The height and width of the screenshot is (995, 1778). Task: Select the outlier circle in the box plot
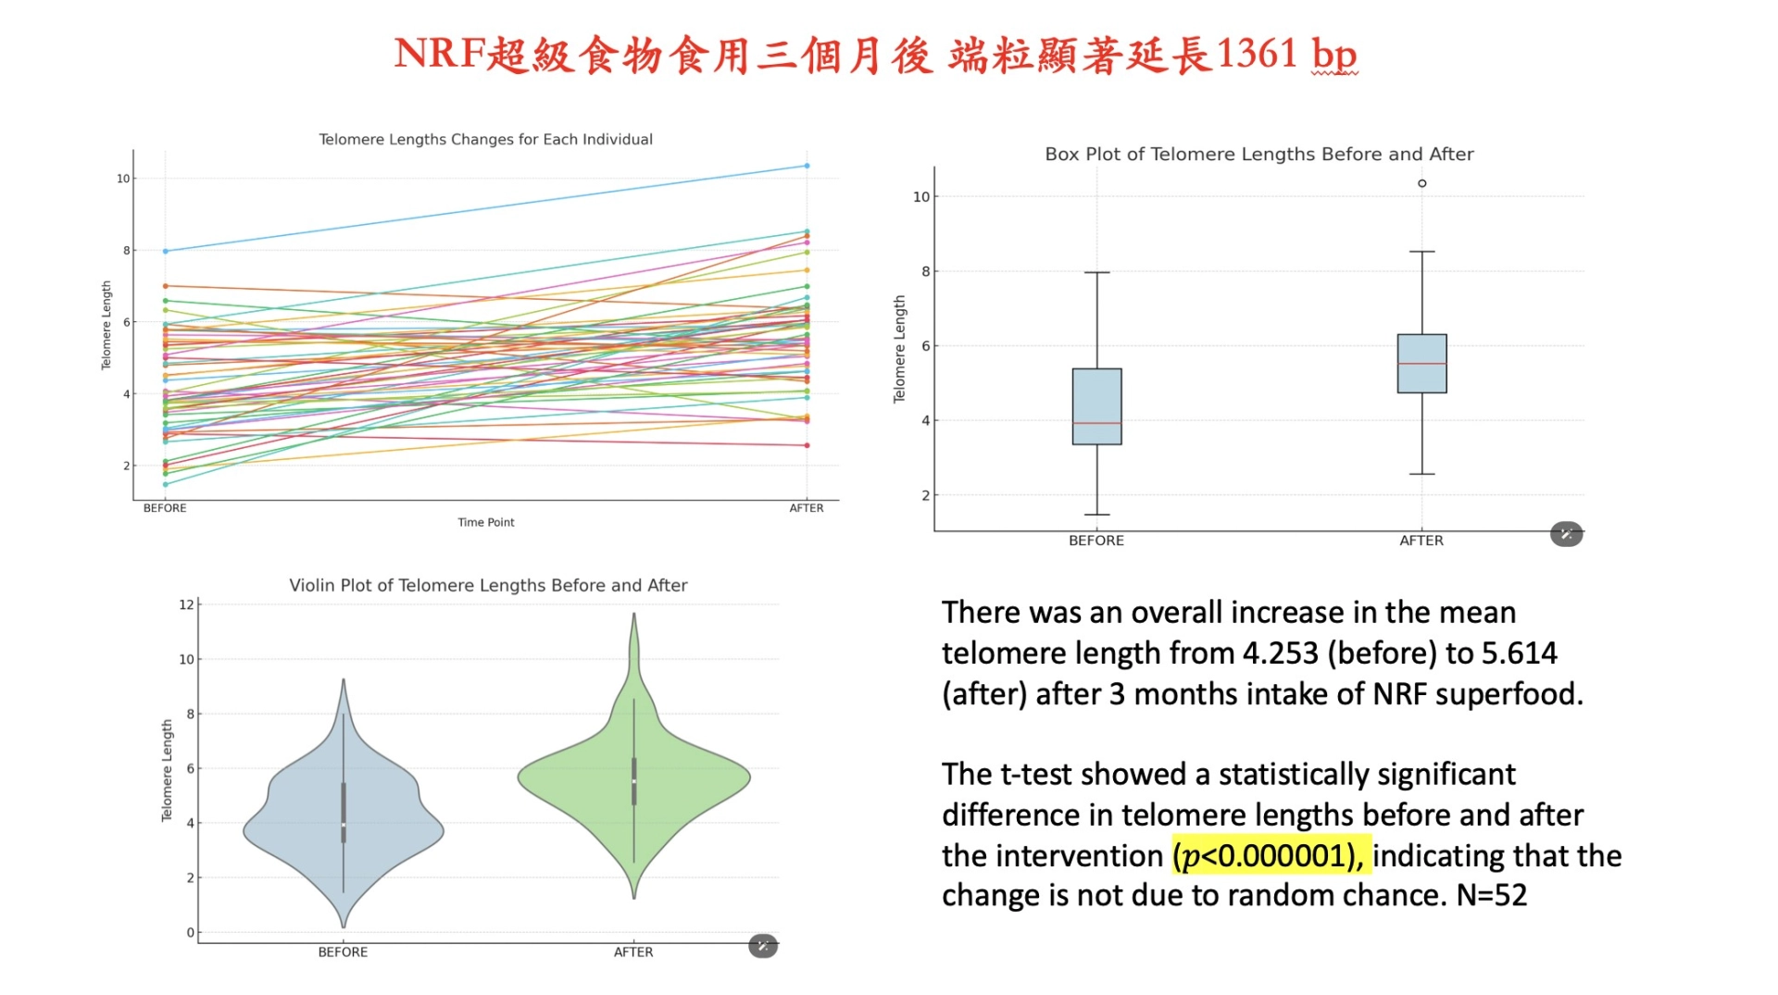(1421, 183)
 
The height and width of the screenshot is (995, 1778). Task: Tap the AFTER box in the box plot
(1421, 348)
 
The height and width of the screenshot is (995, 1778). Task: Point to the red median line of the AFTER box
(1421, 364)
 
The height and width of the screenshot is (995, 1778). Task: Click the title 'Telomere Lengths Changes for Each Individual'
(485, 140)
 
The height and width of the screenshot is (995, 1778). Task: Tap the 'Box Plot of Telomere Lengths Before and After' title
(1258, 155)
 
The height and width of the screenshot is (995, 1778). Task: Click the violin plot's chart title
(488, 585)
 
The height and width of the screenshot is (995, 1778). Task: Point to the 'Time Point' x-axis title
(485, 522)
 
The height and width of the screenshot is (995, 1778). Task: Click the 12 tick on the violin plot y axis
(186, 604)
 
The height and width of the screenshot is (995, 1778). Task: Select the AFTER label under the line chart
(806, 508)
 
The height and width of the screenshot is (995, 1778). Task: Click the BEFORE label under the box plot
(1096, 541)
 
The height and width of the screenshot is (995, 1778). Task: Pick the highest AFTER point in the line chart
(807, 166)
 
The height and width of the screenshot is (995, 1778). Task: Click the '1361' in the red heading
(1257, 54)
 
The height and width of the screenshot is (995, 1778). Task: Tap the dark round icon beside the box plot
(1566, 534)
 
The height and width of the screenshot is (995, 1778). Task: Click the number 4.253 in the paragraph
(1280, 653)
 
